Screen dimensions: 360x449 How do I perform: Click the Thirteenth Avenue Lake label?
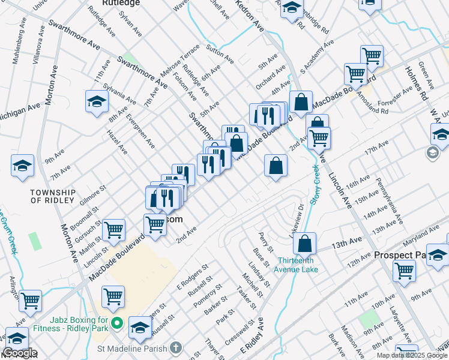[298, 265]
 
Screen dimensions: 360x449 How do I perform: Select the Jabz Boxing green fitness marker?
[118, 325]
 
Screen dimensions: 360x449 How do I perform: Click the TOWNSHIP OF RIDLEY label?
[53, 196]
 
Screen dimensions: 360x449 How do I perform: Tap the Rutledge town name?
[121, 3]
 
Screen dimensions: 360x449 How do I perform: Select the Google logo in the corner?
[19, 353]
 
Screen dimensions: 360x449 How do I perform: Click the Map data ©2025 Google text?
[412, 355]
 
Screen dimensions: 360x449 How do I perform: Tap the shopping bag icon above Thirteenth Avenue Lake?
[306, 243]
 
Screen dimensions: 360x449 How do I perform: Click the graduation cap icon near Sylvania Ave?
[96, 101]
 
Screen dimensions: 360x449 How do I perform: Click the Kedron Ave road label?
[250, 16]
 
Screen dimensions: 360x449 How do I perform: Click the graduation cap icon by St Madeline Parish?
[140, 327]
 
